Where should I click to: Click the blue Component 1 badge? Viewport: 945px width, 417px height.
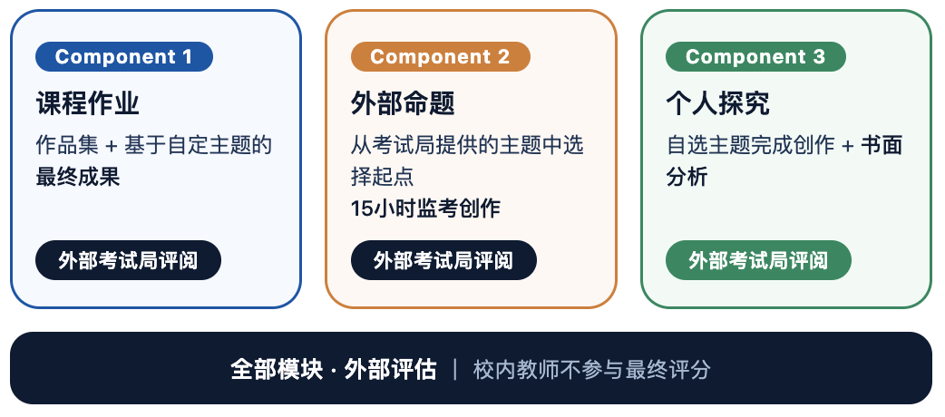124,56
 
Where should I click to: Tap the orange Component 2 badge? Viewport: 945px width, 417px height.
441,56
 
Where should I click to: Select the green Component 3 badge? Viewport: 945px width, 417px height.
755,56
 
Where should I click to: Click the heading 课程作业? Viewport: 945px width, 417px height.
88,103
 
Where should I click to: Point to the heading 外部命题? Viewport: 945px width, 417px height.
403,103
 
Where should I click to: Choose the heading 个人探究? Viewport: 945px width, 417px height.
717,103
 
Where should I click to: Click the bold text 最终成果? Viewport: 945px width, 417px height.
78,177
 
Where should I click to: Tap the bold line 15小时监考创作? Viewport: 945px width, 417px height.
425,208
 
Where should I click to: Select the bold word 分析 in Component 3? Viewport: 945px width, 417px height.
687,177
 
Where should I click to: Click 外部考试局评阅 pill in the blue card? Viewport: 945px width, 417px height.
129,260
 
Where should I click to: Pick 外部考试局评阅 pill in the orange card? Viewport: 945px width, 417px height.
443,260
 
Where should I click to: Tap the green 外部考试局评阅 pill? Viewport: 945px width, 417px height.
758,260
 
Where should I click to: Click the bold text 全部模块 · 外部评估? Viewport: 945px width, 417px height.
333,369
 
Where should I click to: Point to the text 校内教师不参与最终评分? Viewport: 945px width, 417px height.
592,369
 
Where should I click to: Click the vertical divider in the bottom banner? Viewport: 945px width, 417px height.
455,369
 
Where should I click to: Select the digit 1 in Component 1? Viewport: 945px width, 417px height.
187,56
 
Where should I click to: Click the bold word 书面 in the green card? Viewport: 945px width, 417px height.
882,145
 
